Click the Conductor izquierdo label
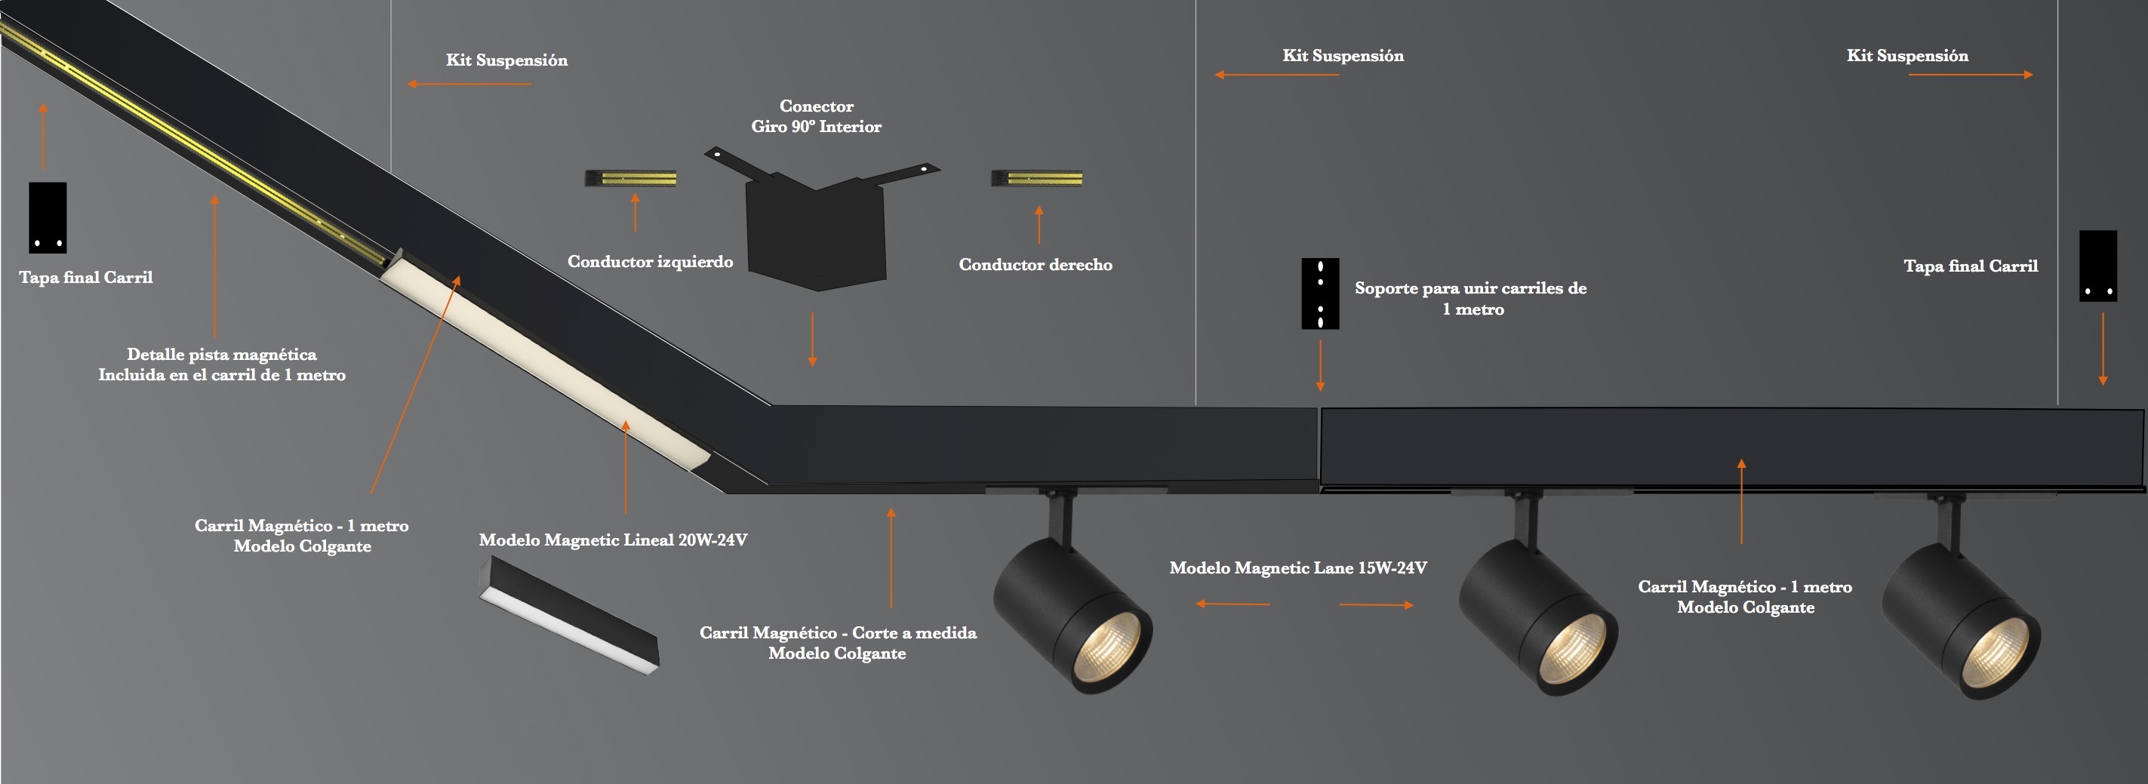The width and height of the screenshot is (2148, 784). tap(651, 262)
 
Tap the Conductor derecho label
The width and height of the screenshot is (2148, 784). tap(1035, 265)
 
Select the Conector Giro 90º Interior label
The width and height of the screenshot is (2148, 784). tap(817, 117)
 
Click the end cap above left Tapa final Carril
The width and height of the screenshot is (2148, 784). tap(48, 217)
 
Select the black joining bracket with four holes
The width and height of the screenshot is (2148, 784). tap(1320, 294)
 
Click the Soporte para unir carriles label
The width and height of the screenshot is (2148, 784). tap(1471, 299)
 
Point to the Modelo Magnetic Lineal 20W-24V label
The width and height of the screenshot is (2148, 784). tap(613, 540)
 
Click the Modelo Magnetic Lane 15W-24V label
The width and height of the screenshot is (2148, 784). tap(1297, 568)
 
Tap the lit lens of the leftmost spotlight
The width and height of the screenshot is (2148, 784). tap(1107, 646)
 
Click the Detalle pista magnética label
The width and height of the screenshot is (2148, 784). tap(222, 365)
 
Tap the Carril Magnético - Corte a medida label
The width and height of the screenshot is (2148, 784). tap(838, 643)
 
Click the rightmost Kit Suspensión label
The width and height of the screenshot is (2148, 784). tap(1907, 56)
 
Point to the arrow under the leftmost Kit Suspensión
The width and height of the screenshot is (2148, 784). tap(469, 85)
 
